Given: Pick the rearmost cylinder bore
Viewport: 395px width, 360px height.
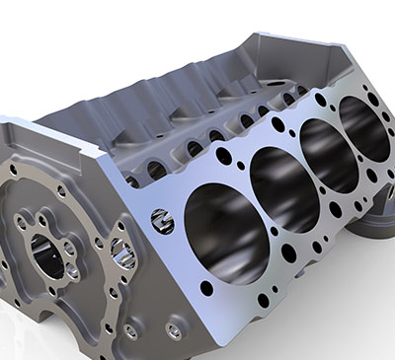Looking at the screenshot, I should pyautogui.click(x=364, y=128).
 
